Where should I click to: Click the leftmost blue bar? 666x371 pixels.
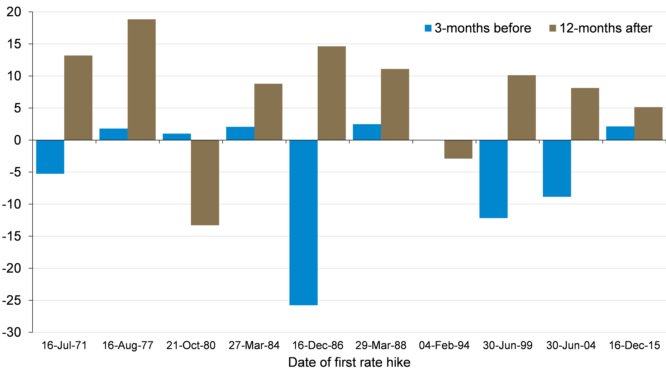coord(50,157)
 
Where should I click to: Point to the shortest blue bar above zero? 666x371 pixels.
coord(177,137)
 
